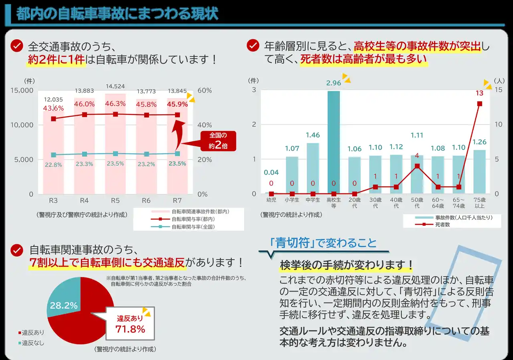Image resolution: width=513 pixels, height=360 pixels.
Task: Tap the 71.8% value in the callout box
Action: (x=130, y=329)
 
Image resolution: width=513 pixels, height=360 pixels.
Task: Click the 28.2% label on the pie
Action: (x=64, y=306)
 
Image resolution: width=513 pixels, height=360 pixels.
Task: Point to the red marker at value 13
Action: (x=479, y=104)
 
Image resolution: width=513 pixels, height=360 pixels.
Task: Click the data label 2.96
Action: (x=333, y=83)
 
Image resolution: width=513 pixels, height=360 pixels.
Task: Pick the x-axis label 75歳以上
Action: (x=479, y=203)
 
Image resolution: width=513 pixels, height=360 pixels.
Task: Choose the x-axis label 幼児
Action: (x=271, y=200)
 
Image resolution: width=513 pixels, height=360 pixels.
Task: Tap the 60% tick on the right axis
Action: (x=205, y=91)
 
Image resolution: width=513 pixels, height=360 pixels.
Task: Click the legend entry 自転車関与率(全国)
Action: (x=192, y=227)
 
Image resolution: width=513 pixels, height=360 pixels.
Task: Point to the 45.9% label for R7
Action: (x=177, y=104)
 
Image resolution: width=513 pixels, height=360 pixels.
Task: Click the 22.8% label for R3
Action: (x=53, y=164)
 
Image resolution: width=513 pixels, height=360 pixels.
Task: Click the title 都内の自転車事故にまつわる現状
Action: (x=117, y=14)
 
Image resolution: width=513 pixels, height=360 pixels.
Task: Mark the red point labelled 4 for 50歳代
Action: (x=417, y=166)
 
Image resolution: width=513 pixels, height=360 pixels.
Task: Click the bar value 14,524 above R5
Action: (x=115, y=86)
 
